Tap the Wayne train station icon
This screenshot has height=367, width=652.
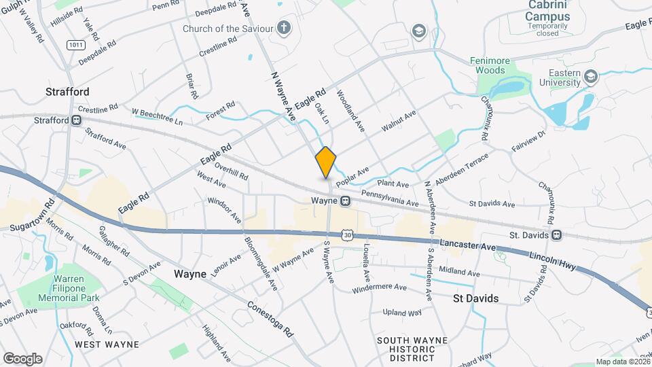coord(346,201)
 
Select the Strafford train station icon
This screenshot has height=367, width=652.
coord(77,120)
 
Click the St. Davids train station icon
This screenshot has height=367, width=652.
coord(556,235)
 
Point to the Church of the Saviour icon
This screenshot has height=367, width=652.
coord(285,29)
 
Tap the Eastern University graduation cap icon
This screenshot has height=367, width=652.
coord(590,77)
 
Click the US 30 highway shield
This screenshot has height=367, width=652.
coord(348,234)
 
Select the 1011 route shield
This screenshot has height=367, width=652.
coord(75,44)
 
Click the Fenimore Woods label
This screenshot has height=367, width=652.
coord(488,65)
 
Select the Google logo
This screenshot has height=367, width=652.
coord(22,358)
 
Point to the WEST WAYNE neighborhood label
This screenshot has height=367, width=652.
coord(107,345)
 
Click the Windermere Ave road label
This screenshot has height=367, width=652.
coord(379,289)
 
